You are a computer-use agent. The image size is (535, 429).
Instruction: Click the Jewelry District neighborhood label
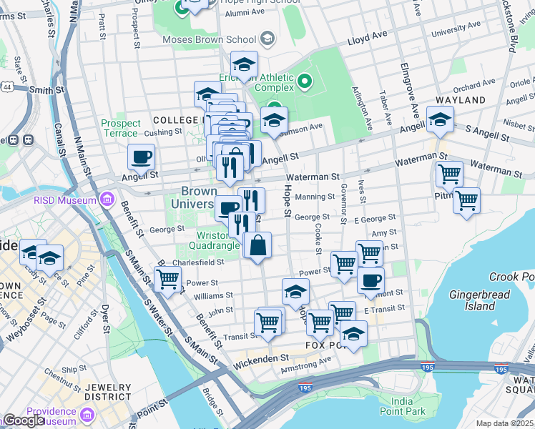108,391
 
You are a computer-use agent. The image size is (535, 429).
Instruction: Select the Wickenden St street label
260,357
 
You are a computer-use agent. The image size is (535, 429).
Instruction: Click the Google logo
23,420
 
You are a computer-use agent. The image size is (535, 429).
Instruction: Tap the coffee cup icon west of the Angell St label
142,157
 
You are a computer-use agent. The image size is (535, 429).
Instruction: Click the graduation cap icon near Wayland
440,119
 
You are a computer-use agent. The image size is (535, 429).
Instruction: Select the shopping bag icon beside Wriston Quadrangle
257,245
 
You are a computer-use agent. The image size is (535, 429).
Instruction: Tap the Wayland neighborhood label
465,100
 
